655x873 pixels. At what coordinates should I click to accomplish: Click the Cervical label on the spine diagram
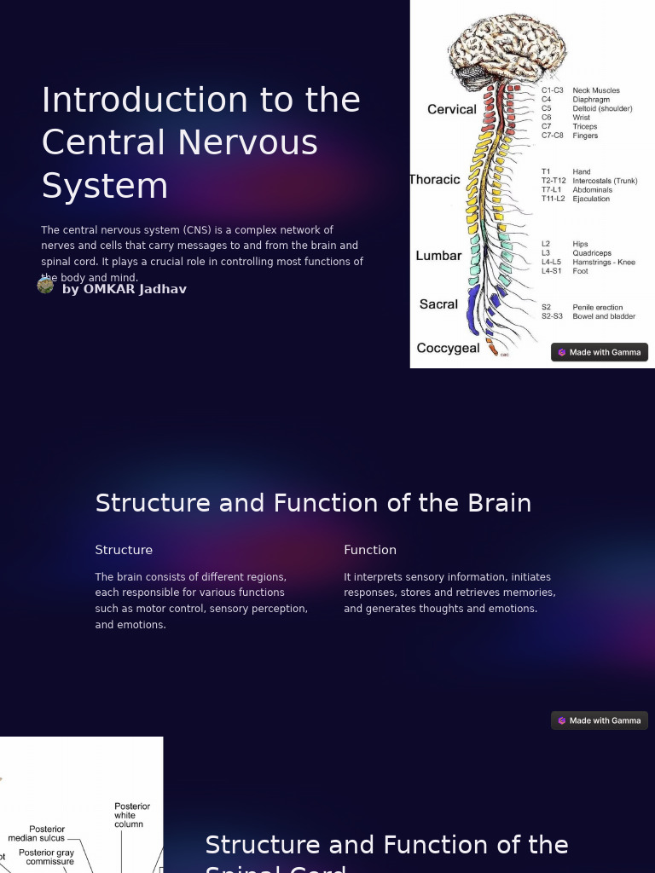tap(451, 109)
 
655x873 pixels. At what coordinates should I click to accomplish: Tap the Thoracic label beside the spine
tap(435, 179)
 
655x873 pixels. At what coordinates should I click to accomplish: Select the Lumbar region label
tap(438, 256)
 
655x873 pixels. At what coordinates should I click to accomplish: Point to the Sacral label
tap(438, 304)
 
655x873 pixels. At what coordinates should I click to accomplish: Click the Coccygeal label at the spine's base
tap(448, 348)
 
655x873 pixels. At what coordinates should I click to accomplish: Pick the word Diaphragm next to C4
tap(591, 100)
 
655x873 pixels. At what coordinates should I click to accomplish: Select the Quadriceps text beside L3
tap(592, 253)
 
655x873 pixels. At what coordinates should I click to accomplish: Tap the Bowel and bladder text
tap(604, 316)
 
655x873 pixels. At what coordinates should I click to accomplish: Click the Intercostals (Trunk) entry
tap(605, 181)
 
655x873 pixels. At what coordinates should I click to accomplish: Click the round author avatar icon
tap(46, 286)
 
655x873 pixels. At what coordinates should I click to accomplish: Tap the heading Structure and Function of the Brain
tap(313, 503)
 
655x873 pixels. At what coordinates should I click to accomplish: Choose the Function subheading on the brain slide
tap(370, 550)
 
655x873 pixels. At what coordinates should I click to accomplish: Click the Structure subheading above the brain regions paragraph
tap(124, 550)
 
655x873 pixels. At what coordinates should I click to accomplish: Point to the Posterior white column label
tap(132, 815)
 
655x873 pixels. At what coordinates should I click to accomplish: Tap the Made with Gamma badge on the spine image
tap(600, 352)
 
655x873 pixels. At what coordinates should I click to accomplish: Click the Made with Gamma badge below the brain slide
tap(600, 720)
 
